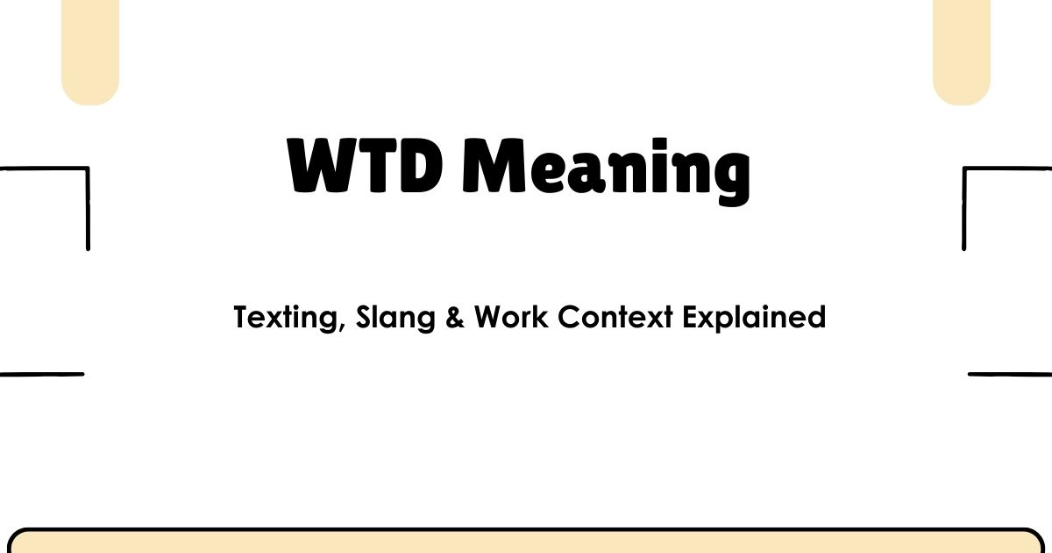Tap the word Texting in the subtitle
(x=286, y=317)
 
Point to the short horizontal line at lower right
(x=1010, y=374)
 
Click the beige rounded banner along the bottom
(x=526, y=542)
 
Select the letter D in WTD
(x=413, y=166)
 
